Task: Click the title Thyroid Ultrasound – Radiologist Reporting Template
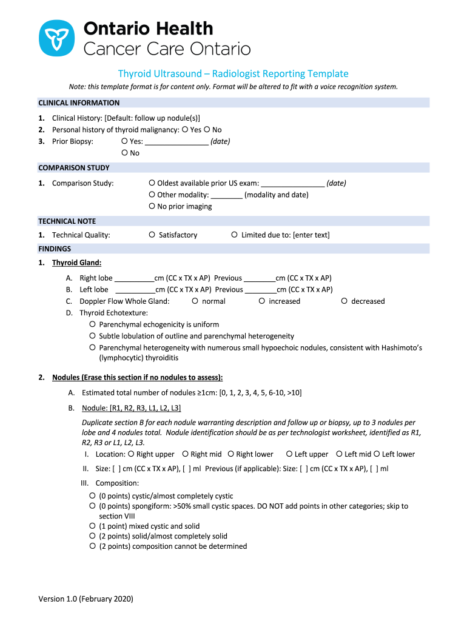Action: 233,73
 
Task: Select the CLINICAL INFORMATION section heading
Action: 79,102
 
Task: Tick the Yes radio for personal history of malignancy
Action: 185,130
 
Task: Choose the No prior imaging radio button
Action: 152,206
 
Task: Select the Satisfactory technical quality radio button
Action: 152,235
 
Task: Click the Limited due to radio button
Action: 234,235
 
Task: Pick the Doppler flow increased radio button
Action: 262,301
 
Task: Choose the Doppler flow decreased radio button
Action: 344,301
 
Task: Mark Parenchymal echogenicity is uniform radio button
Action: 93,324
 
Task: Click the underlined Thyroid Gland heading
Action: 76,263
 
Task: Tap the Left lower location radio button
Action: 377,454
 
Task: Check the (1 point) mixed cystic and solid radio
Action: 93,526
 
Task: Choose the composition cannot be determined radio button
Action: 93,546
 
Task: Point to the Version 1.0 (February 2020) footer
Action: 86,599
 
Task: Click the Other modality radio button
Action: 152,195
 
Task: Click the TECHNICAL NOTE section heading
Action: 67,221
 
